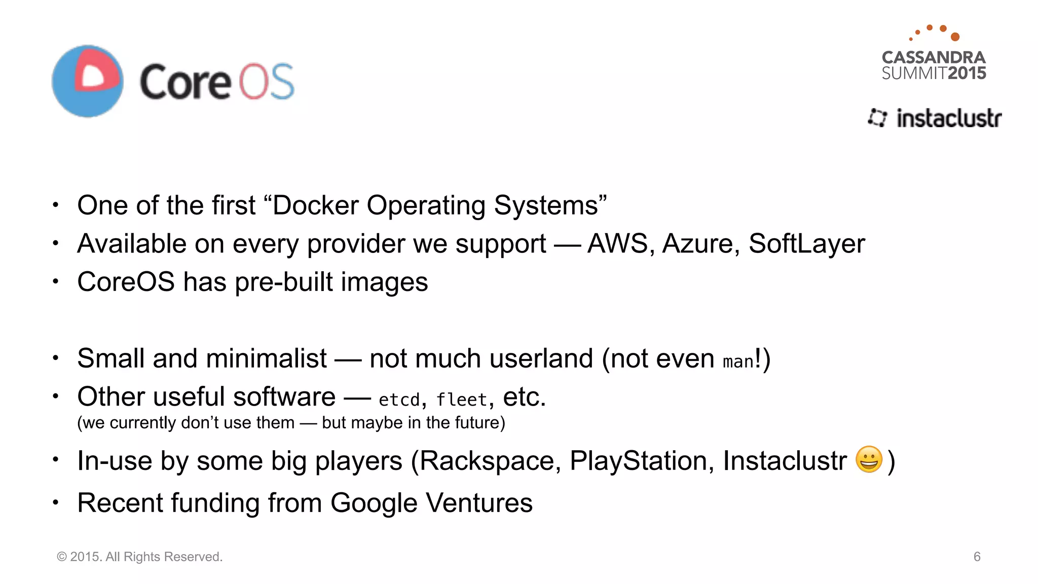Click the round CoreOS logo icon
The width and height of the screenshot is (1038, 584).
(x=87, y=81)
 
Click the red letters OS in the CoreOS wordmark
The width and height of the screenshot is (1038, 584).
(x=267, y=82)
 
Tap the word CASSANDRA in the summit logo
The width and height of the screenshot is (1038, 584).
(x=934, y=57)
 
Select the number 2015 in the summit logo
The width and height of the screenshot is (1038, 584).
(x=967, y=74)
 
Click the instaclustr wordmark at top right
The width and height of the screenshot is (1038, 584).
(x=948, y=118)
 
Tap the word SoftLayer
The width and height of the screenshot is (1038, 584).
(x=806, y=243)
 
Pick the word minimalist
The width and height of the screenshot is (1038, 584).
(x=266, y=358)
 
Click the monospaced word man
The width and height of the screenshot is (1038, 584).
(x=738, y=362)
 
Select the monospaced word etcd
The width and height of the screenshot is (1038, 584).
(x=399, y=400)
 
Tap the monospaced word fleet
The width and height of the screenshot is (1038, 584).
(x=461, y=400)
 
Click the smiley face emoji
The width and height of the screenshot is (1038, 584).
(x=869, y=459)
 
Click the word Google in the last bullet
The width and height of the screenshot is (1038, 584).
(x=374, y=503)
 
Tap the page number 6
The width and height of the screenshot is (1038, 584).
(x=977, y=557)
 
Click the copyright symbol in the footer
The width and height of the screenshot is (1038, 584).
(x=62, y=557)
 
